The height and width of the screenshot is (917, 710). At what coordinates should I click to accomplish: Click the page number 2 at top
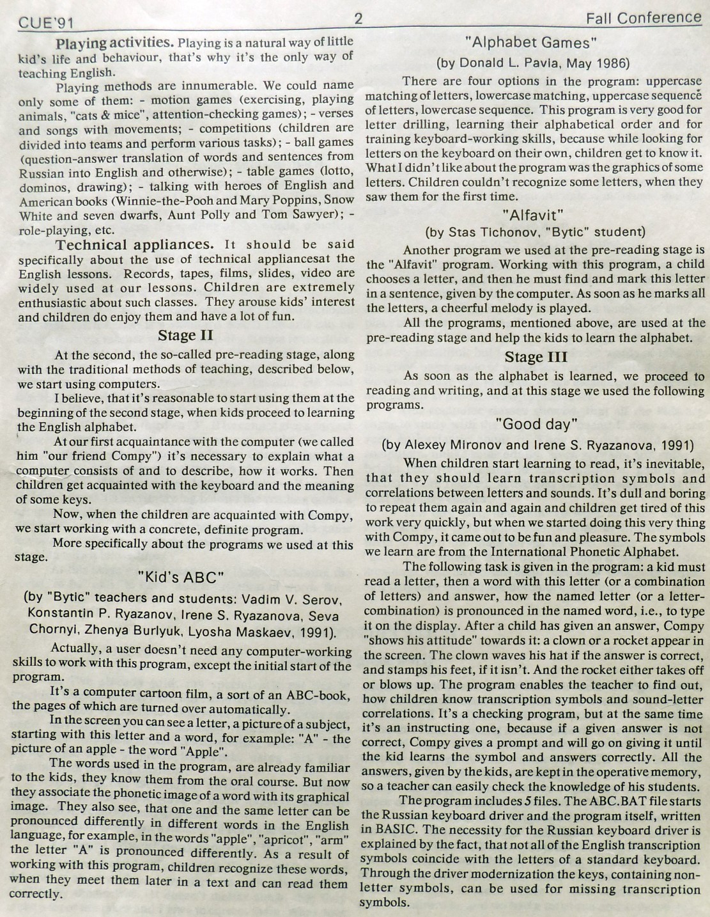(x=359, y=19)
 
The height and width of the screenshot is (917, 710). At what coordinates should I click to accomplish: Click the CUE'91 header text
(x=47, y=24)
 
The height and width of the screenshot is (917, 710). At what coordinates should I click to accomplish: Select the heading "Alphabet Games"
(x=532, y=43)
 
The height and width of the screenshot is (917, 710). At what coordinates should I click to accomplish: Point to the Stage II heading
(x=185, y=336)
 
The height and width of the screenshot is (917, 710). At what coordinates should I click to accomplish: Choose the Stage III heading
(x=536, y=357)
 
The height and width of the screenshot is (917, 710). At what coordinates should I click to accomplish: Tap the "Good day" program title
(x=536, y=424)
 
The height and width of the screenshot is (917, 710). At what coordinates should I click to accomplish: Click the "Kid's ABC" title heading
(x=181, y=577)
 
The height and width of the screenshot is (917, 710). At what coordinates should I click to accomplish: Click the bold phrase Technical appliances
(x=134, y=245)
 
